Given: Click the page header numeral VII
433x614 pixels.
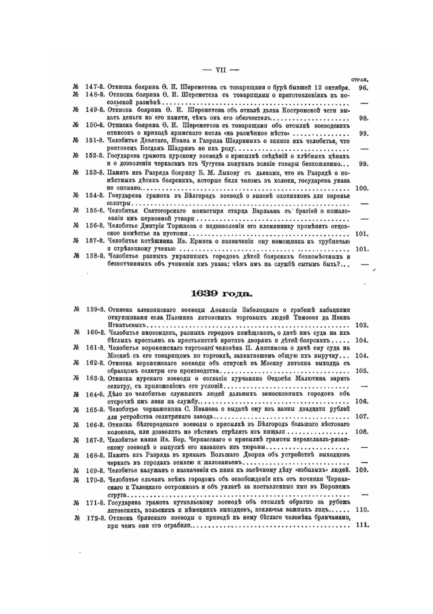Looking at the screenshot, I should pyautogui.click(x=221, y=70).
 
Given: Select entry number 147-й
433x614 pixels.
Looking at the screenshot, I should pyautogui.click(x=94, y=87).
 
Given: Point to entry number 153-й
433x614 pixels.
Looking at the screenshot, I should pyautogui.click(x=94, y=173).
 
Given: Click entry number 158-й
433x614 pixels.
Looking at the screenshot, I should pyautogui.click(x=94, y=256).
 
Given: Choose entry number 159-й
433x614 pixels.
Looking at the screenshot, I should pyautogui.click(x=95, y=310).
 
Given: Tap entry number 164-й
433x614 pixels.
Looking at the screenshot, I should pyautogui.click(x=95, y=394).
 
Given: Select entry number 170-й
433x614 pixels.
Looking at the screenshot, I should pyautogui.click(x=95, y=479).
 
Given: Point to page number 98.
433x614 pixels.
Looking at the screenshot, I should pyautogui.click(x=364, y=118).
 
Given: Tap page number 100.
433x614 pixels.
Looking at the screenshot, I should pyautogui.click(x=362, y=188).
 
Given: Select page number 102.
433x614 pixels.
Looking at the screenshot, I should pyautogui.click(x=362, y=325).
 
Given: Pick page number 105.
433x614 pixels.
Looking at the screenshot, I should pyautogui.click(x=362, y=371).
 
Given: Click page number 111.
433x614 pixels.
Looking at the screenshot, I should pyautogui.click(x=362, y=525).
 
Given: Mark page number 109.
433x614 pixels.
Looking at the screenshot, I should pyautogui.click(x=362, y=470).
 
